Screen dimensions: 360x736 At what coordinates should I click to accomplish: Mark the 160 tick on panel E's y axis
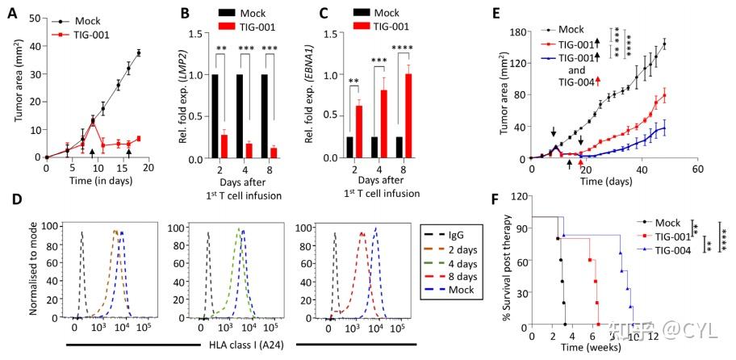click(x=517, y=33)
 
